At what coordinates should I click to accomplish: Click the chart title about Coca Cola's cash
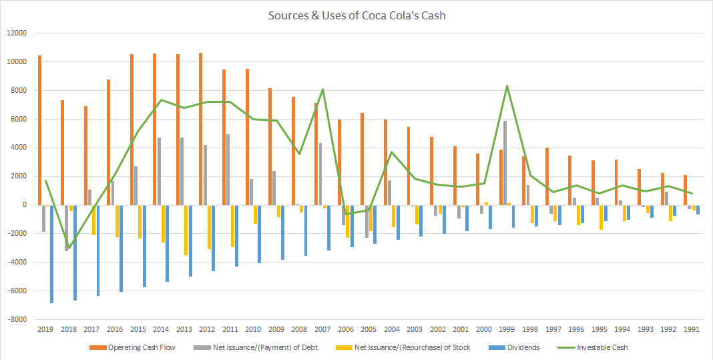[356, 15]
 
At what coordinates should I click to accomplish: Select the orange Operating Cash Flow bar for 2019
[40, 130]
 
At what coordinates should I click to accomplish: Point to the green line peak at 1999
[507, 86]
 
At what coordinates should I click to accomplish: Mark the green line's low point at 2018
[69, 248]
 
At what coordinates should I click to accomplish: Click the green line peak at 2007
[322, 89]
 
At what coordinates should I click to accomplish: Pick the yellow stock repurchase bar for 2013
[186, 230]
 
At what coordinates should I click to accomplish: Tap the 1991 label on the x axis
[691, 329]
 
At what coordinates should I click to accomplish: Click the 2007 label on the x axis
[322, 329]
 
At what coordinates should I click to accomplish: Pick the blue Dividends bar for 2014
[167, 243]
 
